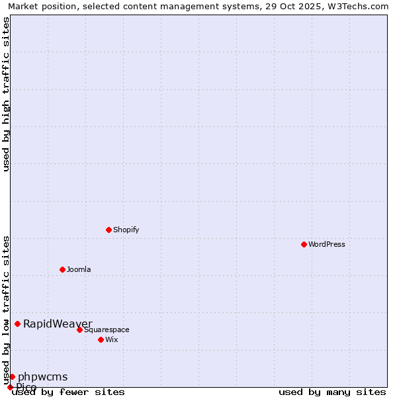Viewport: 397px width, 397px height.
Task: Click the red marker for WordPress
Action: (304, 244)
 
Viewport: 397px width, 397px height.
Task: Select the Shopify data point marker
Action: (109, 230)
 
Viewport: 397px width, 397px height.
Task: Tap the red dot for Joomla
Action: (62, 269)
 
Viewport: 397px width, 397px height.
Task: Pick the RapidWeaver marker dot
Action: (18, 324)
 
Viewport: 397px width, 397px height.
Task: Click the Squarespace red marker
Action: (79, 330)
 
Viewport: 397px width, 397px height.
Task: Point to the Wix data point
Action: (101, 339)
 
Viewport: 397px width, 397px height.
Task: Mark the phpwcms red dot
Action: (12, 376)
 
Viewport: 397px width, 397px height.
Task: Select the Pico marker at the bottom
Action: (10, 387)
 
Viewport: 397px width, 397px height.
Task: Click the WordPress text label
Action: (327, 244)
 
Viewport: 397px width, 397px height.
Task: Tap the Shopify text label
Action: (126, 230)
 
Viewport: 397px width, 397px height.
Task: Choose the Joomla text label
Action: (79, 269)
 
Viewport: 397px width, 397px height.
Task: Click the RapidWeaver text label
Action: (58, 324)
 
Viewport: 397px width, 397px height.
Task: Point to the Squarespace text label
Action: (107, 330)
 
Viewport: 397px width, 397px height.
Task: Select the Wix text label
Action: (112, 339)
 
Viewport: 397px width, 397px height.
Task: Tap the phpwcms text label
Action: (42, 376)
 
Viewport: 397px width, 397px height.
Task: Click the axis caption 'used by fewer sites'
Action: (68, 392)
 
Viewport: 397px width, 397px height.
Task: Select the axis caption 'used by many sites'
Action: (332, 392)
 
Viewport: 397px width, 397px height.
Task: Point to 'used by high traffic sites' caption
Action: (6, 94)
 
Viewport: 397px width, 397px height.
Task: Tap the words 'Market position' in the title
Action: (39, 6)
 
